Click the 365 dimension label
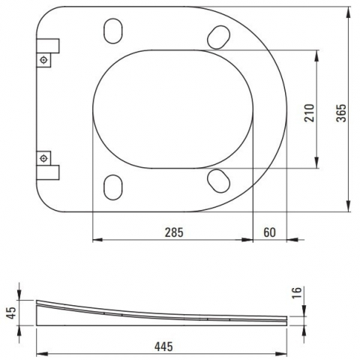click(x=341, y=113)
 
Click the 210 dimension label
click(x=309, y=113)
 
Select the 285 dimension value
click(x=174, y=232)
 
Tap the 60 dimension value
click(x=270, y=232)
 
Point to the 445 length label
click(x=163, y=346)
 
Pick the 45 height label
click(x=11, y=313)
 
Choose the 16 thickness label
click(x=297, y=292)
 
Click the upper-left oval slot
click(x=113, y=31)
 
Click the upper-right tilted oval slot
click(x=219, y=37)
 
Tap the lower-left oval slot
click(x=113, y=187)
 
